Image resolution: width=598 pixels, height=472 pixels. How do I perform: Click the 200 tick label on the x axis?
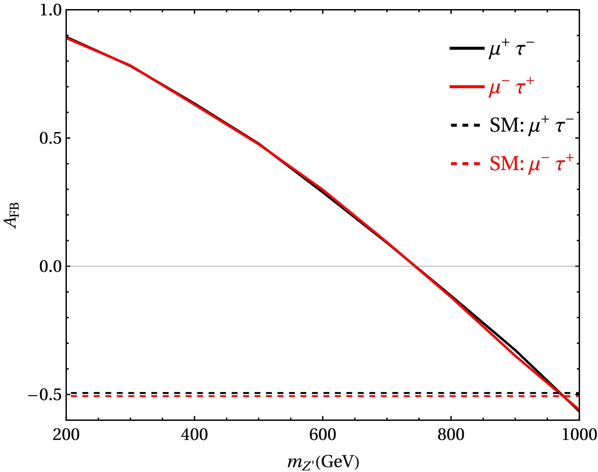(66, 435)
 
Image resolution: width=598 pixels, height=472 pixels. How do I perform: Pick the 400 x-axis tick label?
(194, 435)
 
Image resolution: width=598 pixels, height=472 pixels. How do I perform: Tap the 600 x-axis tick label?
(322, 435)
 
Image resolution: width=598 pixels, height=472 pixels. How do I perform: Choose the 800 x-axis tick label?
(451, 435)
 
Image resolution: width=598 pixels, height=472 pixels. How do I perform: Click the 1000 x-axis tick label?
(579, 435)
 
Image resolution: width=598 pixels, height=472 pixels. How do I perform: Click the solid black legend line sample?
(467, 48)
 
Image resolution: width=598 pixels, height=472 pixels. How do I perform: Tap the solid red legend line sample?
(467, 87)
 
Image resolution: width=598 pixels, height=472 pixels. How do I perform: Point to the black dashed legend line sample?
(466, 125)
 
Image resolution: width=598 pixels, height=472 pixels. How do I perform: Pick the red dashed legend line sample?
(466, 164)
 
